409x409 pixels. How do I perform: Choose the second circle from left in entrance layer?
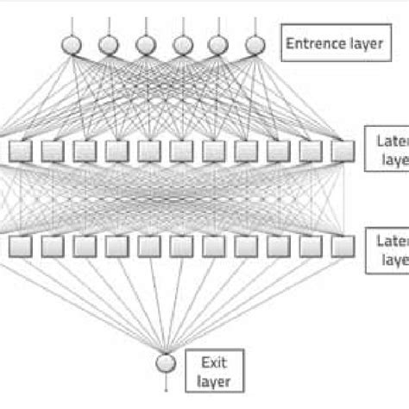pyautogui.click(x=108, y=43)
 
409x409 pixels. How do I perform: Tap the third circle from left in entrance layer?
pyautogui.click(x=144, y=43)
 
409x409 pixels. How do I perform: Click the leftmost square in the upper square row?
pyautogui.click(x=19, y=153)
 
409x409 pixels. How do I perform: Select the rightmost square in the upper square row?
pyautogui.click(x=343, y=153)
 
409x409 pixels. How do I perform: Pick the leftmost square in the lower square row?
pyautogui.click(x=19, y=246)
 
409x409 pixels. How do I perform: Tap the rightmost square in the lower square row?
pyautogui.click(x=343, y=246)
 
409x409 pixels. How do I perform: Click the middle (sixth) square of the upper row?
pyautogui.click(x=181, y=153)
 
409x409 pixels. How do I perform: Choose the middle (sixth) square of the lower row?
pyautogui.click(x=181, y=246)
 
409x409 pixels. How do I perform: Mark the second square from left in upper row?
pyautogui.click(x=52, y=153)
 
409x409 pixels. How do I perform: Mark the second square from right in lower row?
pyautogui.click(x=311, y=246)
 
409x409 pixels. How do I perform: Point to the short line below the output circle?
pyautogui.click(x=164, y=380)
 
